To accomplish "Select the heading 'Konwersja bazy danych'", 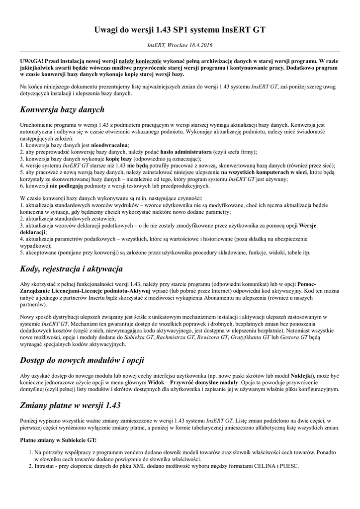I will (x=62, y=109).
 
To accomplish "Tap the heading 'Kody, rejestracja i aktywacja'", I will (x=71, y=269).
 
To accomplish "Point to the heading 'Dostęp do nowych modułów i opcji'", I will (x=82, y=359).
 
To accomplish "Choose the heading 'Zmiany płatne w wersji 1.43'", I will (x=70, y=405).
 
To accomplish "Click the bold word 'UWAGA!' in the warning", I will (x=31, y=60).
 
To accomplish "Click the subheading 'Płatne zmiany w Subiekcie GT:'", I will (x=58, y=440).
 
